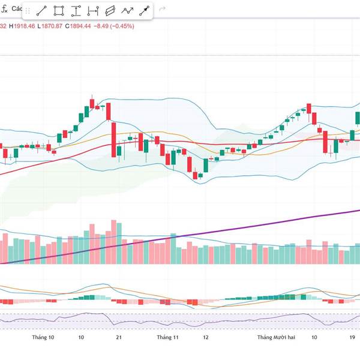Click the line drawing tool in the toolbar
[41, 11]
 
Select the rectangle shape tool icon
[59, 11]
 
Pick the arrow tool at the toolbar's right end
[145, 11]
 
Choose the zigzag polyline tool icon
[127, 11]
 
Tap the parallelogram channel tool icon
[110, 11]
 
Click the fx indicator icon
[4, 9]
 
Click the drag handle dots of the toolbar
[27, 11]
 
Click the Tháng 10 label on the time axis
[43, 338]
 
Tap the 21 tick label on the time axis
[119, 338]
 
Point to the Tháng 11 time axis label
[168, 338]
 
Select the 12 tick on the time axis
[205, 338]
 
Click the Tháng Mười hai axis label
[276, 338]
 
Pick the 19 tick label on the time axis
[353, 338]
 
